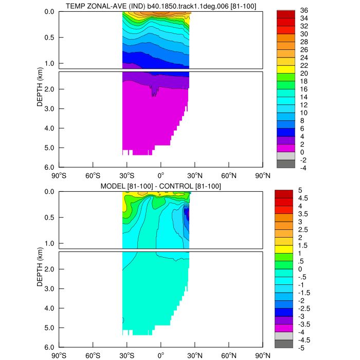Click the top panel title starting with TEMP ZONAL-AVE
161,6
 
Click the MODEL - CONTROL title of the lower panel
161,186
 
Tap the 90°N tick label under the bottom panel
263,355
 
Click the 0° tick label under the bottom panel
161,355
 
